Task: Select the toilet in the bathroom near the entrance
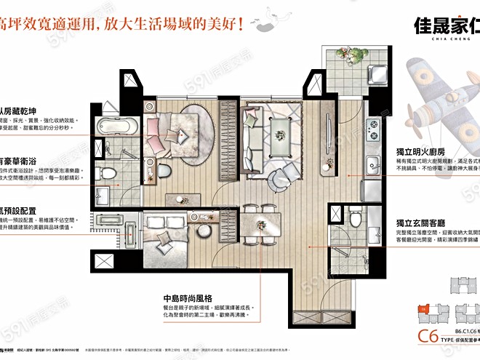(x=356, y=217)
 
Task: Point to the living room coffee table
(x=280, y=132)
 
